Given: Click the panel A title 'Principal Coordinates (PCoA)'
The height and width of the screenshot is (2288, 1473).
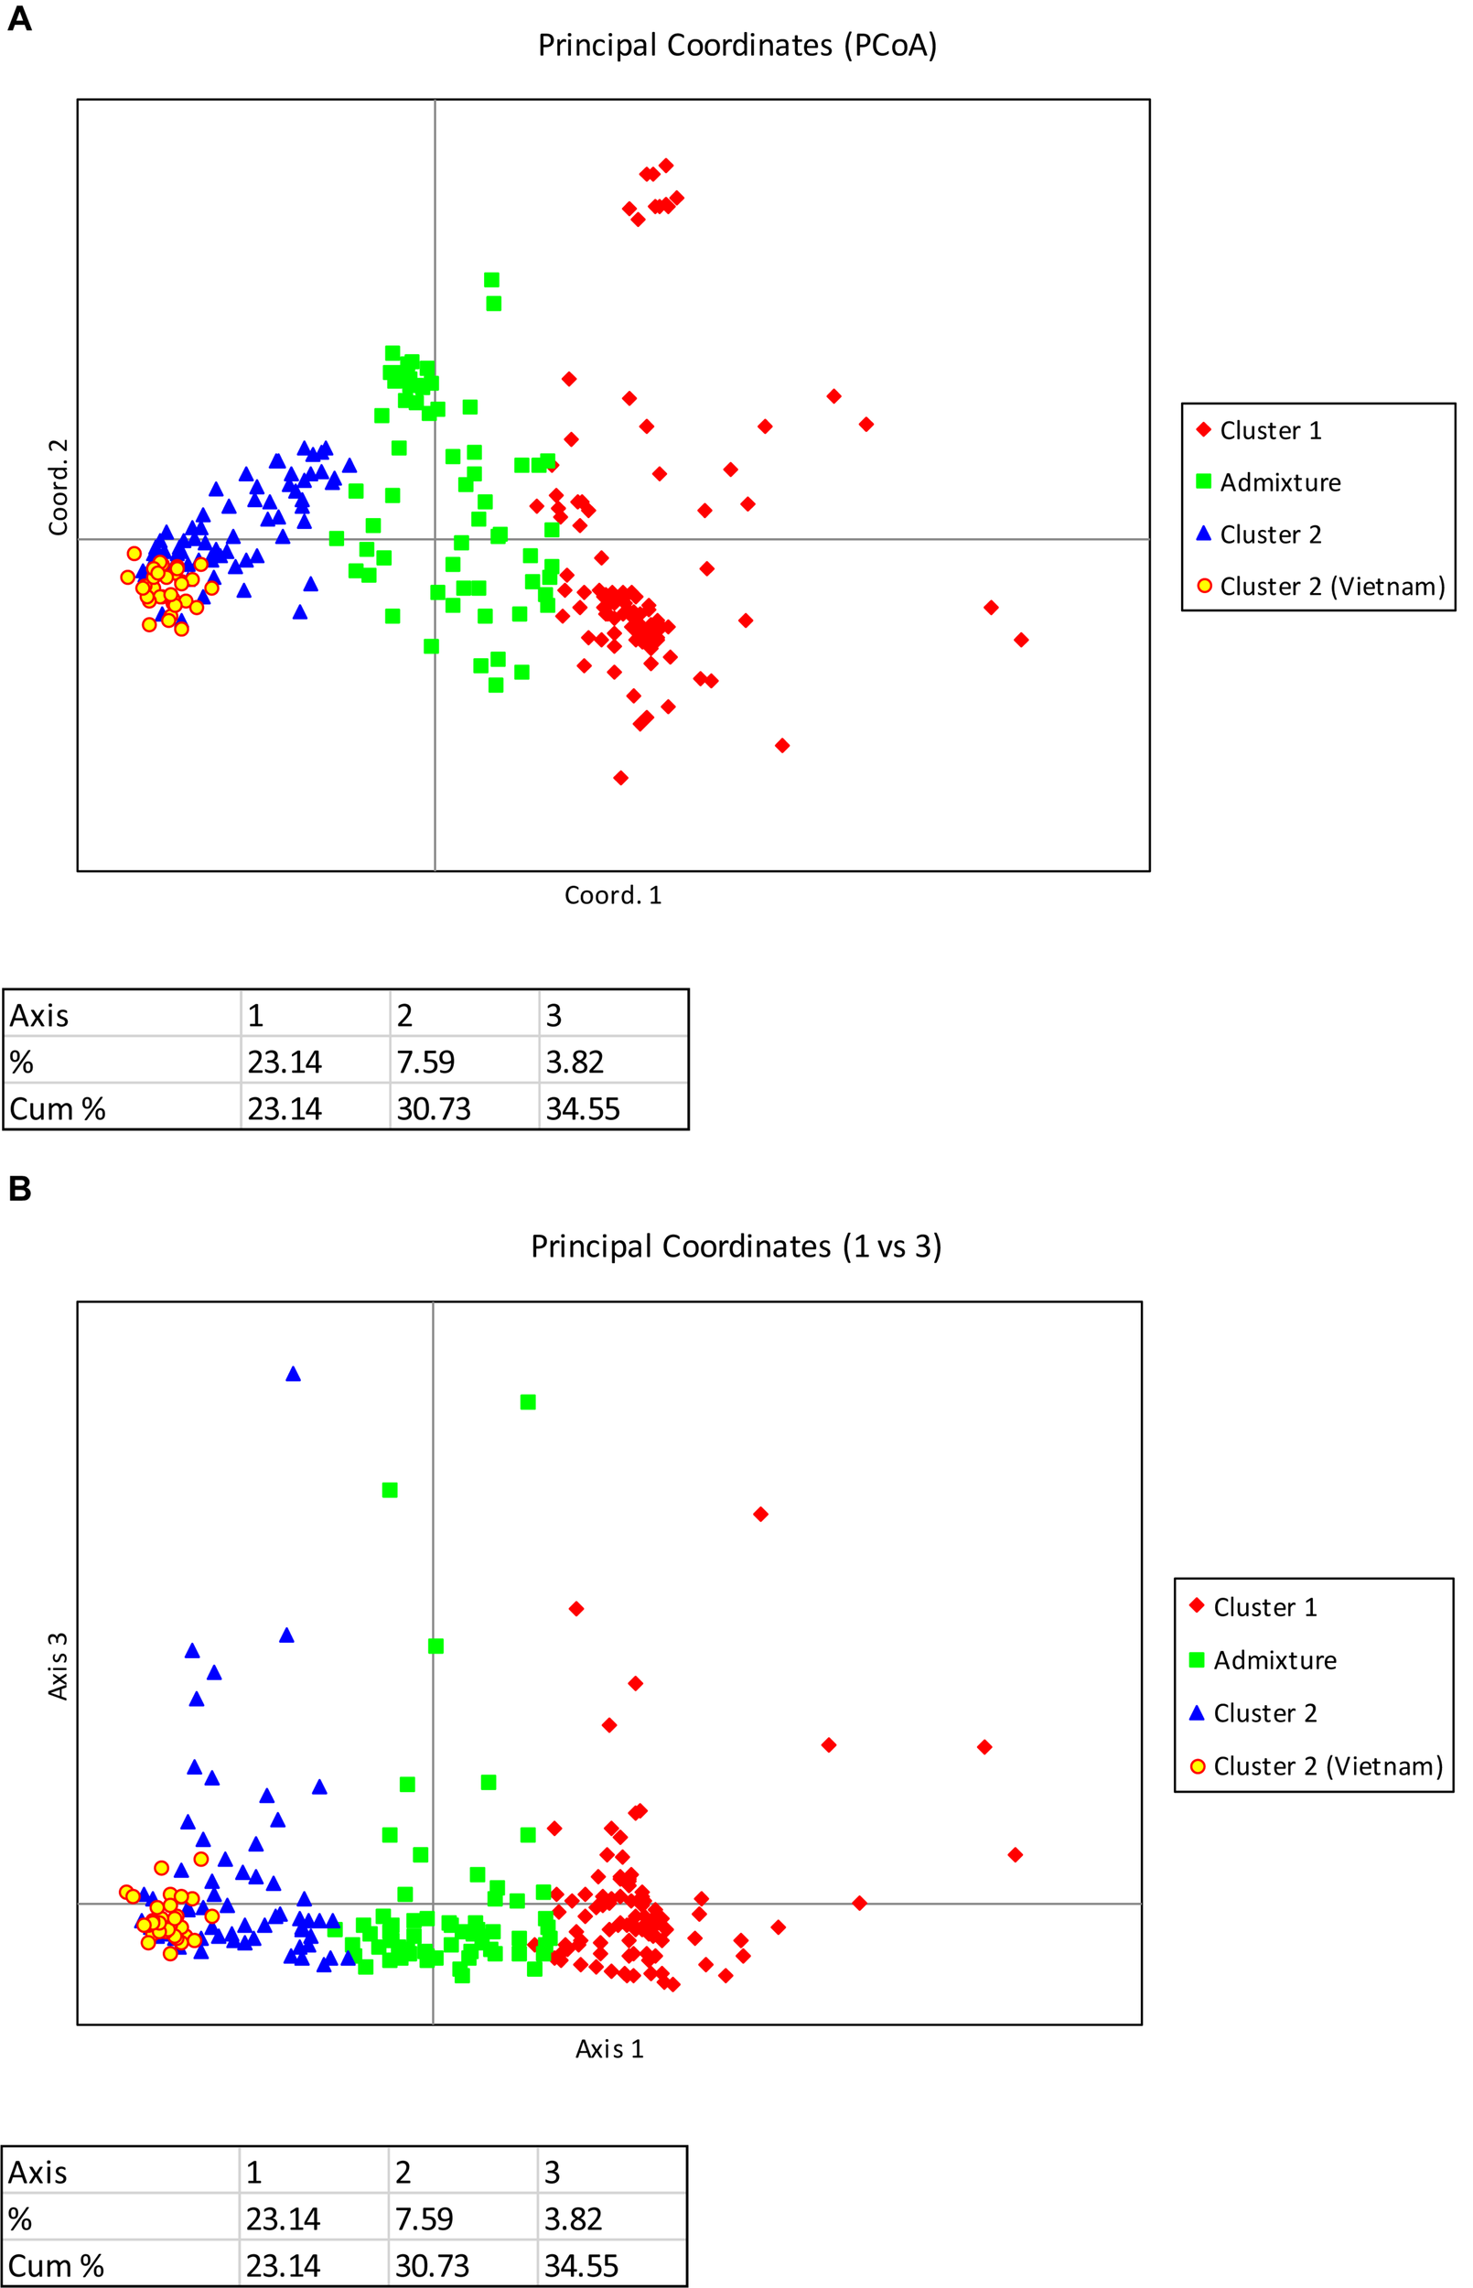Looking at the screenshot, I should tap(736, 45).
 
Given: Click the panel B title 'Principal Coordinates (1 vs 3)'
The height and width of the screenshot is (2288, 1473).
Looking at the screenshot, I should tap(736, 1247).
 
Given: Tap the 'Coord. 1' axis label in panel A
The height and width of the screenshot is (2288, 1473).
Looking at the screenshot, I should tap(612, 895).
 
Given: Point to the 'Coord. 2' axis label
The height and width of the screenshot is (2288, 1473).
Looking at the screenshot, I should tap(59, 487).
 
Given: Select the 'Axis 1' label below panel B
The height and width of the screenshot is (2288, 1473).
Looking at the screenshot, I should tap(609, 2049).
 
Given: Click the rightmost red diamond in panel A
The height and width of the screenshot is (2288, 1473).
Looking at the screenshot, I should tap(1021, 640).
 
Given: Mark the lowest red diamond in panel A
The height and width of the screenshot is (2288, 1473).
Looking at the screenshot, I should tap(620, 778).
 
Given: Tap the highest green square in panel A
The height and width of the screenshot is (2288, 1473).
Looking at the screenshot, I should tap(491, 280).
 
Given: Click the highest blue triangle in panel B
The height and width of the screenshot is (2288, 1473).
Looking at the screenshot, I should tap(294, 1375).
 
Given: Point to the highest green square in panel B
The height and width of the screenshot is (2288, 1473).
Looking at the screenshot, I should tap(528, 1402).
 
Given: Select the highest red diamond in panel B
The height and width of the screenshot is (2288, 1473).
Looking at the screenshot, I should tap(760, 1514).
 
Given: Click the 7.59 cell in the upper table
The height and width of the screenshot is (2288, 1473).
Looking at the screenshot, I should tap(425, 1062).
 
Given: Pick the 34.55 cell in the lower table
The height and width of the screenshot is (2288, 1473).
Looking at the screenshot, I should tap(582, 2266).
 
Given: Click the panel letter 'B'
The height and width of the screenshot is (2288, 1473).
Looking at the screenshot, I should tap(19, 1189).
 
